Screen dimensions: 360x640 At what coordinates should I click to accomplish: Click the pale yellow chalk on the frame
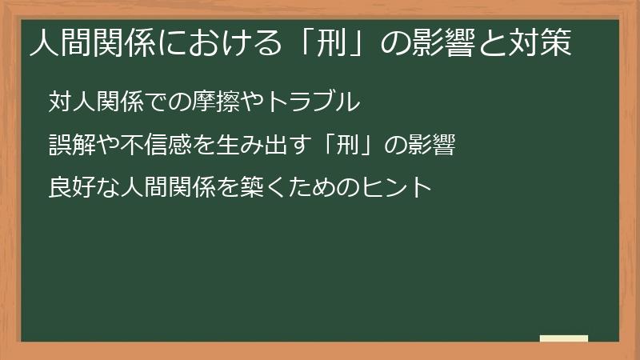click(563, 338)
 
